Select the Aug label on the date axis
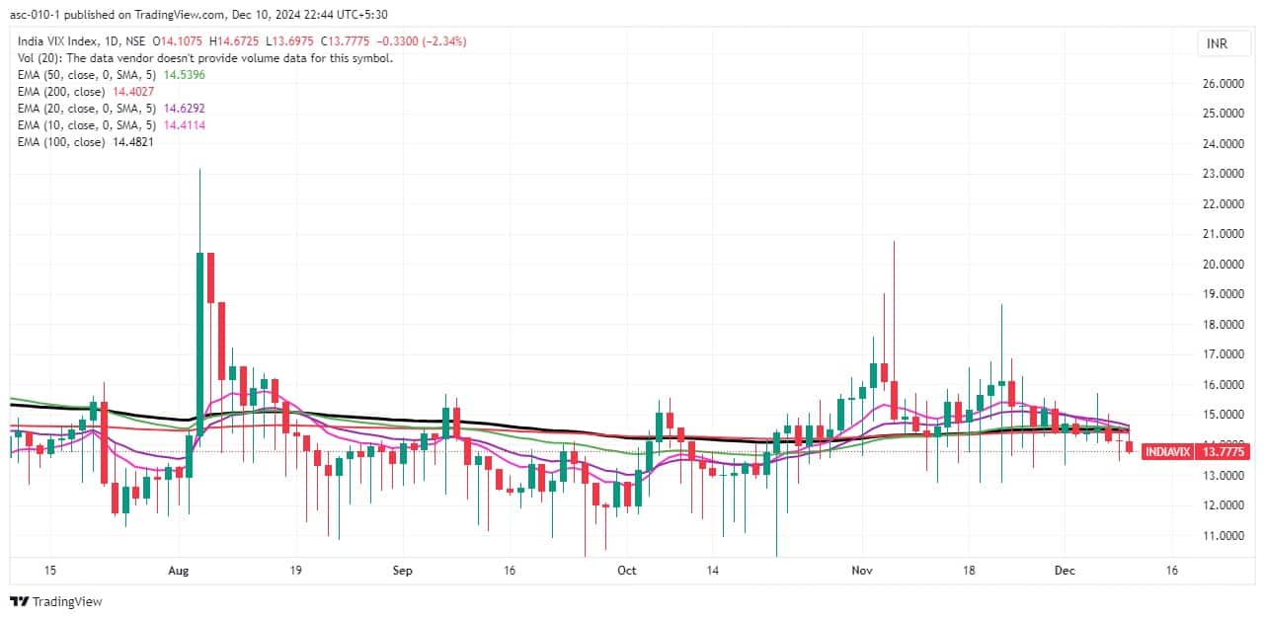[179, 571]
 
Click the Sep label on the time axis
[402, 571]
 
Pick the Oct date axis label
[626, 571]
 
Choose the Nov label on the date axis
[863, 571]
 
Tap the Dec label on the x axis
[1065, 571]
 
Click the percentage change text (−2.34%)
[442, 41]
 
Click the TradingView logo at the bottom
[56, 601]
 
